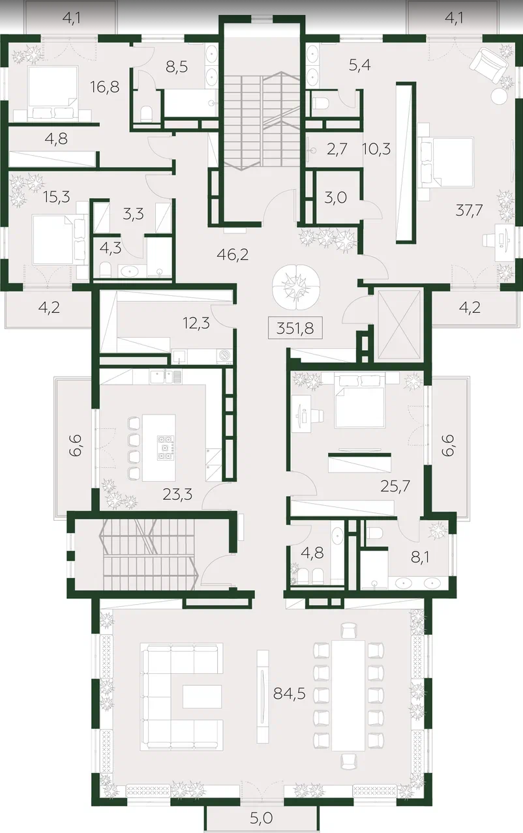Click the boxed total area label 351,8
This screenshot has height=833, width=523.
click(295, 329)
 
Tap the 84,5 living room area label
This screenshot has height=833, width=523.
click(289, 694)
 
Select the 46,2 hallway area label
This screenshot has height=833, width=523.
click(233, 255)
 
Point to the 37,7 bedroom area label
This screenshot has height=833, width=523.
click(469, 211)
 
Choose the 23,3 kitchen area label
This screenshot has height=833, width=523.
click(177, 494)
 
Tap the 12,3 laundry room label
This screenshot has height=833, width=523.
click(196, 323)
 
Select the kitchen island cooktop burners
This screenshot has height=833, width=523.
click(166, 447)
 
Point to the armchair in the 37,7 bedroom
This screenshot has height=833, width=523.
click(488, 66)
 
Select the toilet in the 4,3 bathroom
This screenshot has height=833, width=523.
click(106, 269)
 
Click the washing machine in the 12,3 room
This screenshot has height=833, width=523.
click(225, 357)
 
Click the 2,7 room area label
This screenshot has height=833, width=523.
click(336, 149)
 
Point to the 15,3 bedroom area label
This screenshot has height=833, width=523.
click(57, 196)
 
